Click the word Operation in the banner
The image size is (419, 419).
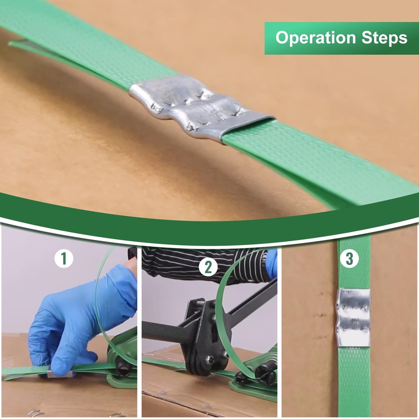[316, 38]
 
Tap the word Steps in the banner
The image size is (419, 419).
[384, 37]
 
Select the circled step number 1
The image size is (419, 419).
[64, 259]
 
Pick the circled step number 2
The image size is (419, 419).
[208, 266]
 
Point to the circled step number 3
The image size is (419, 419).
[349, 259]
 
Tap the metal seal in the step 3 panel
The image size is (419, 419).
[354, 318]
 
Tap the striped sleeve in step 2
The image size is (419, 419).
[203, 264]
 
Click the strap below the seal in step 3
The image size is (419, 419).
[354, 382]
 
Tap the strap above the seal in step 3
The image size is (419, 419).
[354, 263]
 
